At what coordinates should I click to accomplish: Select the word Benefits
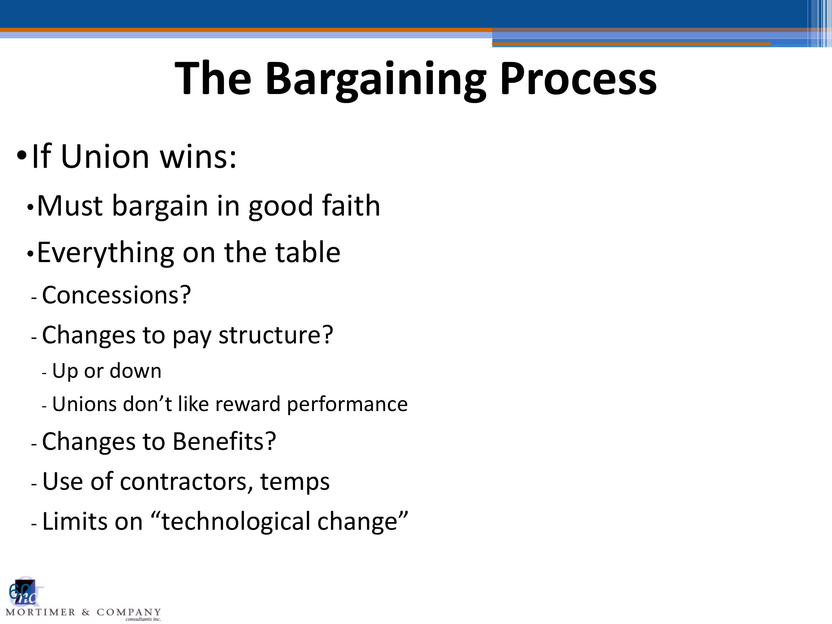pyautogui.click(x=224, y=441)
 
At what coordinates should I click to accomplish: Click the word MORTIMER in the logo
pyautogui.click(x=40, y=612)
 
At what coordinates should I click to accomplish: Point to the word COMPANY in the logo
pyautogui.click(x=129, y=612)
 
